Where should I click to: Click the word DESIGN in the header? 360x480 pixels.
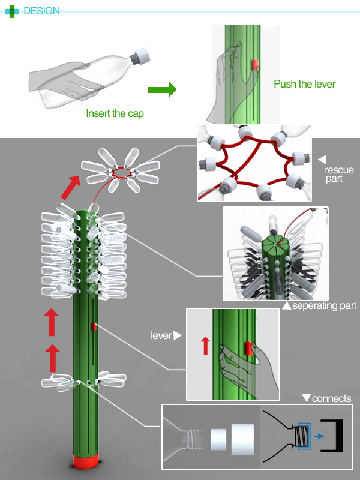41,11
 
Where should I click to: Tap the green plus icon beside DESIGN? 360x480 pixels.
12,11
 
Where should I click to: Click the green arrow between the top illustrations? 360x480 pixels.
161,90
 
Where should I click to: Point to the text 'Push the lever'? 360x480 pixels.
304,84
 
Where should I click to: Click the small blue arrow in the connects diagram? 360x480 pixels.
317,437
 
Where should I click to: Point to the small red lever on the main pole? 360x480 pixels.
94,326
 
